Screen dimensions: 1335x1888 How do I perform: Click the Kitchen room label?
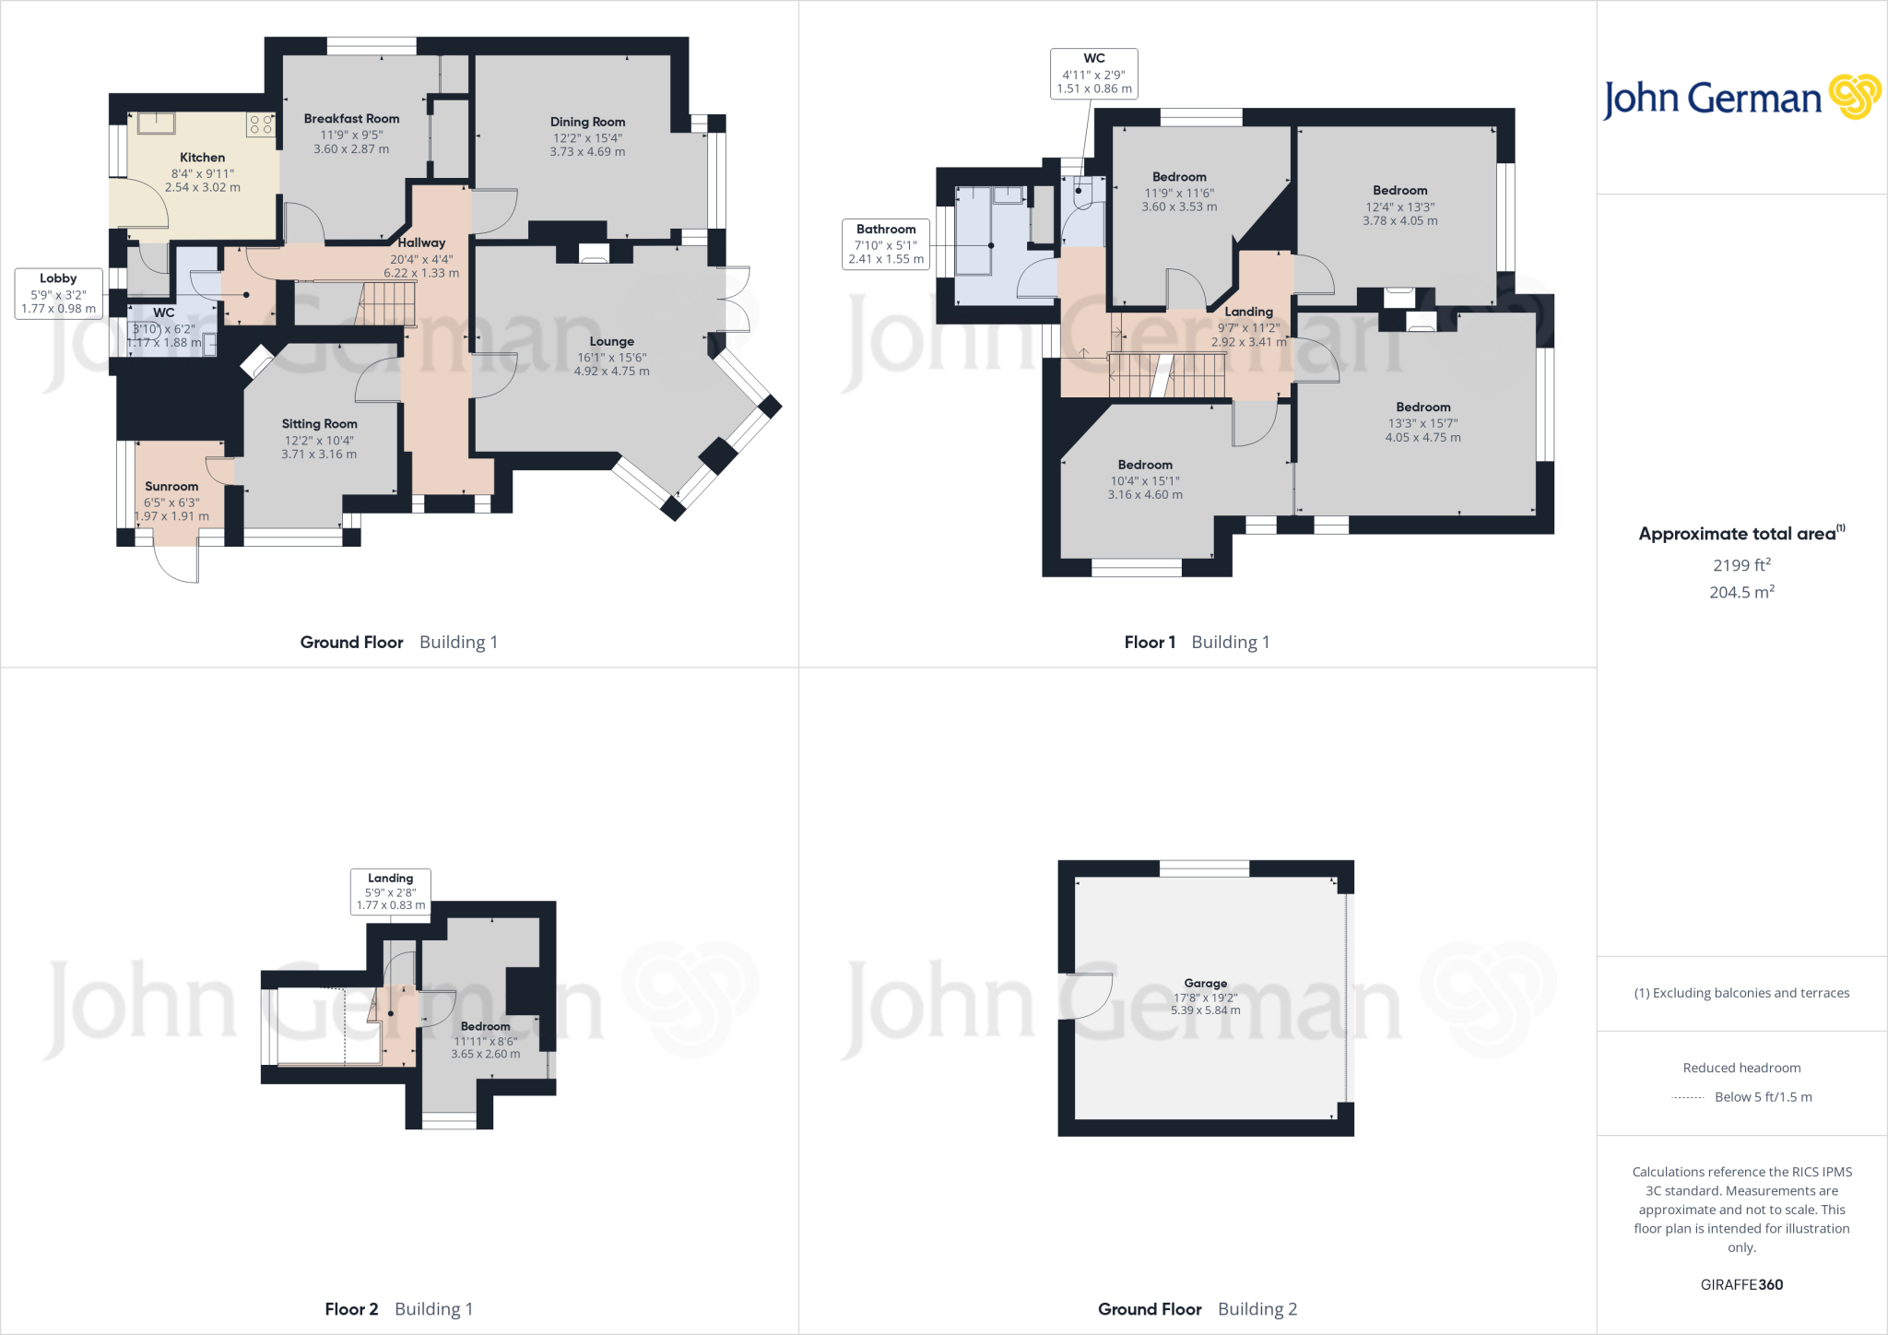202,158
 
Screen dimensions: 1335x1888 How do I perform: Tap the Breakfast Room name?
351,119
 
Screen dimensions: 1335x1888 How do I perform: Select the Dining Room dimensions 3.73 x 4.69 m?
587,152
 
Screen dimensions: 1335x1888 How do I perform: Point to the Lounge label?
611,341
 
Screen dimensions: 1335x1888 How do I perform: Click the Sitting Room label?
319,424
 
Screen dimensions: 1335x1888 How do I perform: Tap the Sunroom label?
171,487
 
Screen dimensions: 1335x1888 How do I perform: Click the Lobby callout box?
58,293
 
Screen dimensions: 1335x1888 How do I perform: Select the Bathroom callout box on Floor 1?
886,243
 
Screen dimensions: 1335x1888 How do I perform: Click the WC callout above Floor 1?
1093,73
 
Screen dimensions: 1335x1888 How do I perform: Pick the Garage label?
1205,984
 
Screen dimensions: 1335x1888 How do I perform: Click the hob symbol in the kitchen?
261,124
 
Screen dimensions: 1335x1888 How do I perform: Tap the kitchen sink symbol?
158,123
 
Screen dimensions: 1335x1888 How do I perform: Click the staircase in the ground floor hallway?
386,304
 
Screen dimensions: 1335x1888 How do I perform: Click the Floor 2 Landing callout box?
390,892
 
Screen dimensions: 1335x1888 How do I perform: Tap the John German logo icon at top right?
1854,97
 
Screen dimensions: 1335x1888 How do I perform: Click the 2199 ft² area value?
1741,565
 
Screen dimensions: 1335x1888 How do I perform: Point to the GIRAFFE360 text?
1741,1284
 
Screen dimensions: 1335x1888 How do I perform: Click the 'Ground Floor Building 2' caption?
1197,1309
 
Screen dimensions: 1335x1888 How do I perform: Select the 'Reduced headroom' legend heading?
1741,1068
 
